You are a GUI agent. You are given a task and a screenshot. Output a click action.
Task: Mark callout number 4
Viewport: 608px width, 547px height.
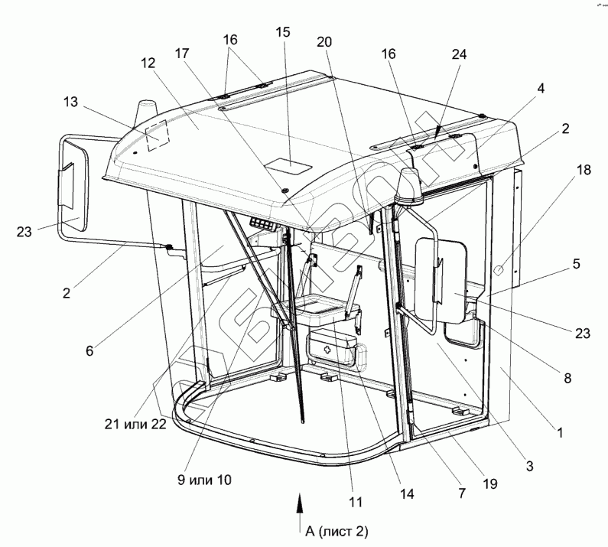(541, 89)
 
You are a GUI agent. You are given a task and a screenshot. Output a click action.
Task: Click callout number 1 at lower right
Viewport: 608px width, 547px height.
(561, 433)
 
